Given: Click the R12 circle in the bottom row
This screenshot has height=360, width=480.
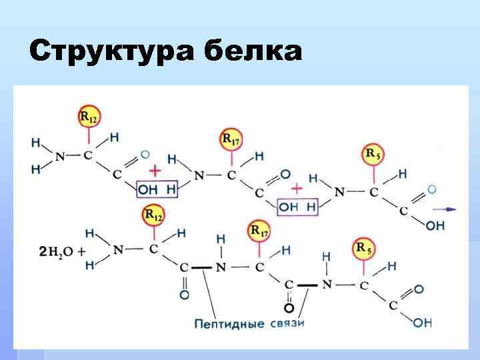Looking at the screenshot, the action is pyautogui.click(x=153, y=215).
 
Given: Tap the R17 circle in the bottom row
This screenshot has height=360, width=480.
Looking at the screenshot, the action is pyautogui.click(x=259, y=231).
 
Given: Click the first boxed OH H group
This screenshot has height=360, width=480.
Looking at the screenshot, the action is pyautogui.click(x=157, y=190).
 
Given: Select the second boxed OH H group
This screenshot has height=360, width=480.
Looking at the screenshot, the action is pyautogui.click(x=297, y=207).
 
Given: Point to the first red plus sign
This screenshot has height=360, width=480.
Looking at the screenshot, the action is pyautogui.click(x=155, y=169).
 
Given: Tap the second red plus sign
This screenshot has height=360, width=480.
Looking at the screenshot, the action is pyautogui.click(x=297, y=188).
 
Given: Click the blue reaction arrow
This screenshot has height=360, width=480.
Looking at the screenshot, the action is pyautogui.click(x=450, y=209).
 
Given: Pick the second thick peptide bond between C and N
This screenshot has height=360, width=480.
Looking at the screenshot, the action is pyautogui.click(x=307, y=285).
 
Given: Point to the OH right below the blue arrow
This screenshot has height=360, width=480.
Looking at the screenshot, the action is pyautogui.click(x=435, y=225).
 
